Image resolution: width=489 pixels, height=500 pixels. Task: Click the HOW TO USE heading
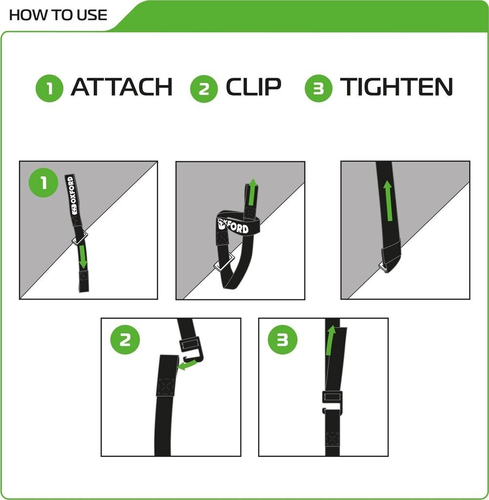[x=58, y=15]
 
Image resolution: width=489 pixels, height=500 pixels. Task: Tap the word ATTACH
[x=122, y=87]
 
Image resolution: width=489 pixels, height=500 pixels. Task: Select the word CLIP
[x=253, y=87]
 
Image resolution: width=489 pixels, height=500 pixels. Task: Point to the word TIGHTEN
[x=396, y=87]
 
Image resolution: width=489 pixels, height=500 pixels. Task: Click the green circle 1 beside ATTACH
[x=49, y=88]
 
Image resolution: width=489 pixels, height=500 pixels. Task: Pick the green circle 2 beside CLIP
[x=204, y=89]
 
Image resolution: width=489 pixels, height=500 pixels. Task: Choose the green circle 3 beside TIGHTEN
[x=319, y=88]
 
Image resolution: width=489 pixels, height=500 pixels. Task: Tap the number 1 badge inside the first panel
[x=43, y=183]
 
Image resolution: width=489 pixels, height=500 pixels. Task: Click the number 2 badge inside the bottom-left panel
[x=125, y=340]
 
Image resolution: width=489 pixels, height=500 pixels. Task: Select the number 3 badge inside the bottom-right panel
[x=283, y=340]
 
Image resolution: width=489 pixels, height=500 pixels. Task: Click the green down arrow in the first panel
[x=82, y=257]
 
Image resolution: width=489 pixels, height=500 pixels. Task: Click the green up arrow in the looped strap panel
[x=252, y=192]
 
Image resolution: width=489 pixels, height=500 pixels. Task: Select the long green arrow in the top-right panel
[x=388, y=201]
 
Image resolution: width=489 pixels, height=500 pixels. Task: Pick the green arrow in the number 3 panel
[x=330, y=340]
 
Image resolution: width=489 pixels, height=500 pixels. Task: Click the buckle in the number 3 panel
[x=332, y=402]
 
